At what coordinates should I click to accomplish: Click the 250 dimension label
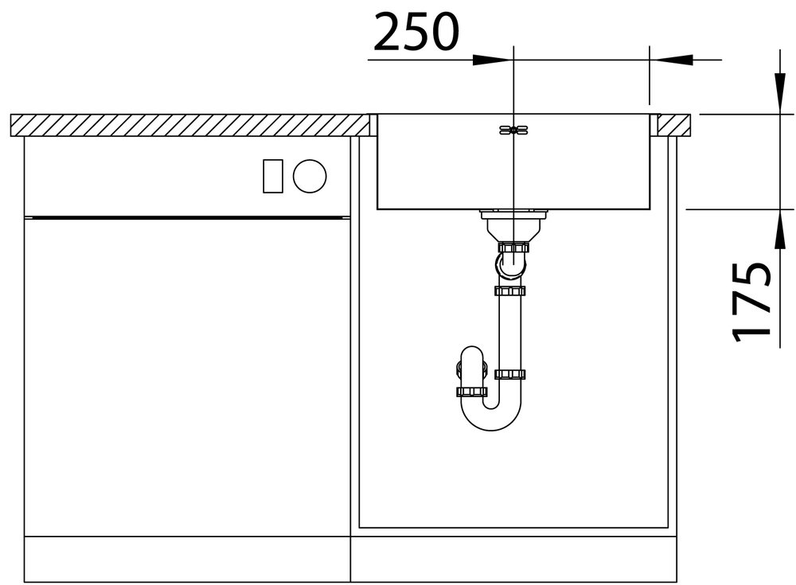[x=416, y=33]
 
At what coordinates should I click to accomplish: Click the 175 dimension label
[x=751, y=302]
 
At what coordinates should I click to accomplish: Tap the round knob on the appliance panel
[x=310, y=176]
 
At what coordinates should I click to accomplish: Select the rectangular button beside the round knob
[x=272, y=176]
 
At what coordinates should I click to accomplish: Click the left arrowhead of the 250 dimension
[x=491, y=60]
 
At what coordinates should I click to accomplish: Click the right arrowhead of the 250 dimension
[x=672, y=60]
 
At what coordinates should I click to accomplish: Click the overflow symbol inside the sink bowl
[x=513, y=131]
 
